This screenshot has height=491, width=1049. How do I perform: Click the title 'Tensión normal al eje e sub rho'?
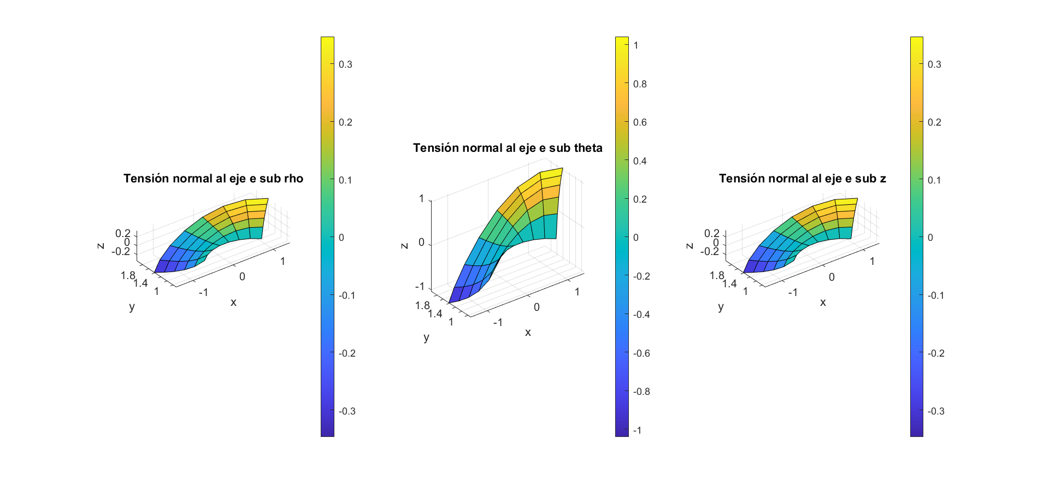tap(213, 179)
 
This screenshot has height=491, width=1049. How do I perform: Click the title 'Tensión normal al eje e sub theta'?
tap(508, 148)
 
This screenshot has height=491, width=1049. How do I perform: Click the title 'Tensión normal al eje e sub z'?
tap(802, 179)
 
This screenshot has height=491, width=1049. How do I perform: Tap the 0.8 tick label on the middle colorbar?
tap(640, 84)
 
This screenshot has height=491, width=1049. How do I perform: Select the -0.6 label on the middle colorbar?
tap(641, 353)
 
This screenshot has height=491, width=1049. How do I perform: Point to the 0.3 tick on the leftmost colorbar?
tap(345, 64)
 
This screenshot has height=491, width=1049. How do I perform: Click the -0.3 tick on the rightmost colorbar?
tap(936, 411)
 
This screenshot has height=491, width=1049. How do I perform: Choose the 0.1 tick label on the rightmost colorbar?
tap(934, 180)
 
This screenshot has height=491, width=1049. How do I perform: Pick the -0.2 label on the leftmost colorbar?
tap(347, 353)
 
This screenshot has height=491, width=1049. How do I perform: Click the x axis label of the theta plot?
tap(528, 332)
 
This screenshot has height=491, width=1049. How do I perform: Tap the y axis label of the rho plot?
tap(132, 306)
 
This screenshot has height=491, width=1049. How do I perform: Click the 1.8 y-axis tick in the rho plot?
tap(128, 275)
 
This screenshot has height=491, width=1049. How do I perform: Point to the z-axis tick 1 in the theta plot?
tap(421, 198)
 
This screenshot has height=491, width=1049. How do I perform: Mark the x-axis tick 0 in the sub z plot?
tap(832, 277)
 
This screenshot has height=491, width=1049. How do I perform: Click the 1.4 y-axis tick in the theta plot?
tap(435, 313)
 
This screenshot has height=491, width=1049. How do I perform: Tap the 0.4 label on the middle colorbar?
tap(640, 161)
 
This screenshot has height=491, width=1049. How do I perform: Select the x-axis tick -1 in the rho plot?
tap(203, 292)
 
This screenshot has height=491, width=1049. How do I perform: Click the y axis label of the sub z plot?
tap(721, 306)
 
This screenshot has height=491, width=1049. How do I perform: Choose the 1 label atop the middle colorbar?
tap(636, 45)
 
